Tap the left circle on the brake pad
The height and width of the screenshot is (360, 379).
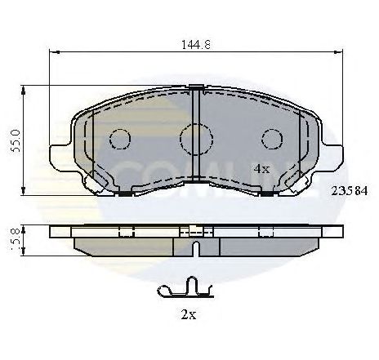pos(120,140)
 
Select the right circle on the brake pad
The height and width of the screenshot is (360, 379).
pos(272,140)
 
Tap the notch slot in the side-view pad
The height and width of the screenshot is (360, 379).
pos(196,247)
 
